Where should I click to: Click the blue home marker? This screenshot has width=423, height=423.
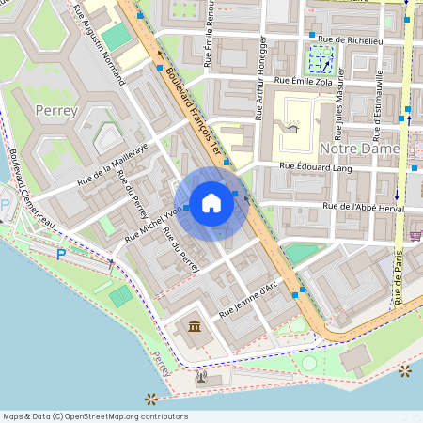point(211,203)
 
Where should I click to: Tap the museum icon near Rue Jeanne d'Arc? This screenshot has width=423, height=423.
point(195,326)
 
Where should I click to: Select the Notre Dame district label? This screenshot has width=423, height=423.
point(361,149)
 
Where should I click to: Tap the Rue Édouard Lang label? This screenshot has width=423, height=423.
point(314,166)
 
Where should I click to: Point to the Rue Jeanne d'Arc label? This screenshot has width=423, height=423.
point(250,300)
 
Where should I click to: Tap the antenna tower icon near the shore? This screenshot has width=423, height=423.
point(200,378)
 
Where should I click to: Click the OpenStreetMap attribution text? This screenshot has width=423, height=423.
point(95,416)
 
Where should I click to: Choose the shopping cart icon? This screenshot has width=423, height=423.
point(415,235)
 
